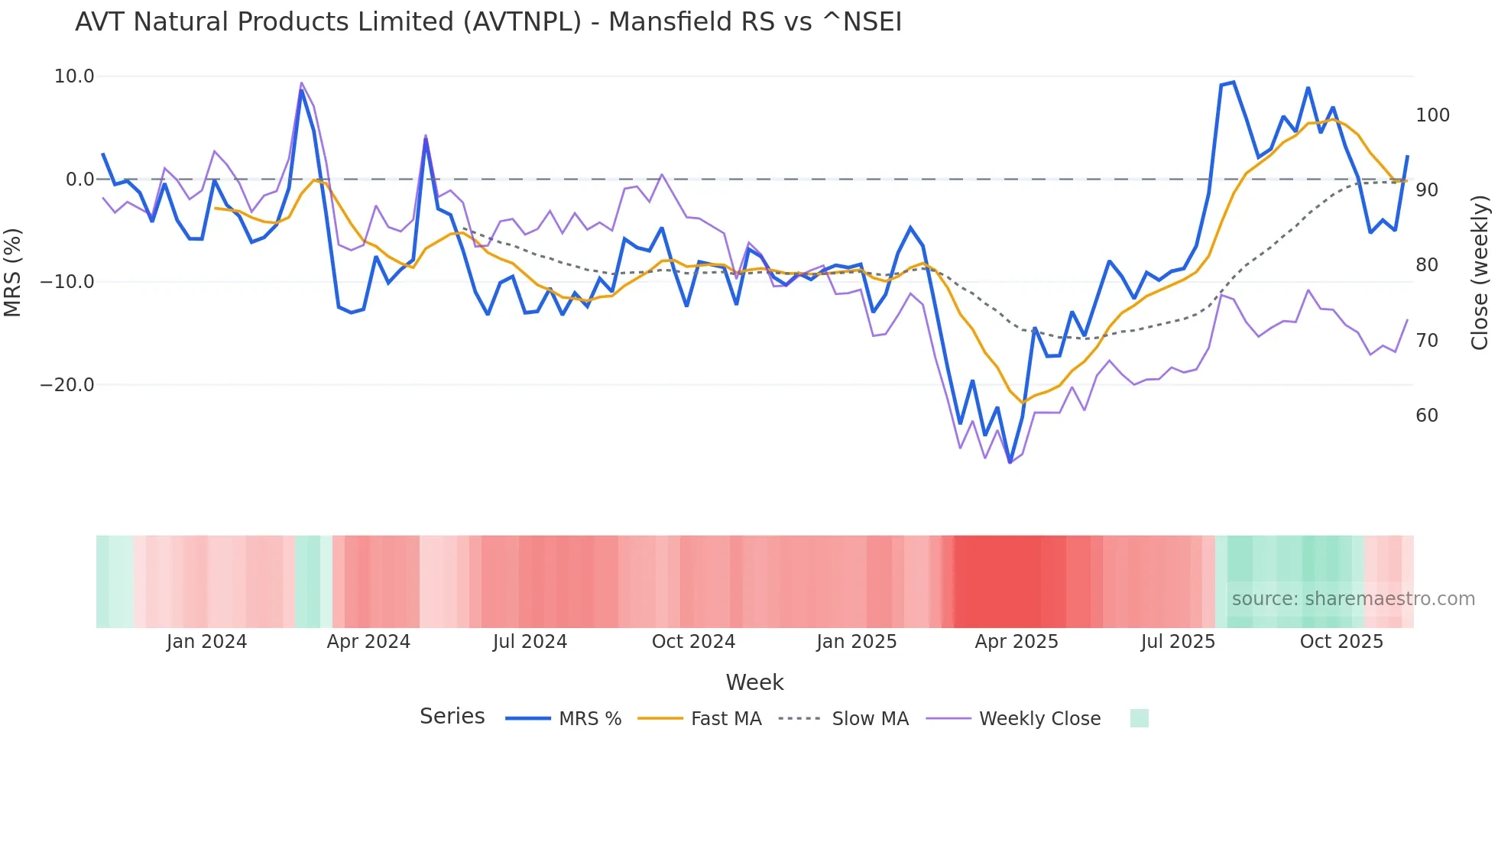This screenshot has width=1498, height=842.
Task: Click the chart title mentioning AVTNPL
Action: coord(488,22)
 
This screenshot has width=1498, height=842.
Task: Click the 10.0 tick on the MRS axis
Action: coord(74,76)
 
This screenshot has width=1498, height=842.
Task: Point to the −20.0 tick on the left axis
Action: coord(67,385)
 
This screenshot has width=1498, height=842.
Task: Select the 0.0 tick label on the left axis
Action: coord(80,180)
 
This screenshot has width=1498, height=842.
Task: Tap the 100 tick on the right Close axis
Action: coord(1432,115)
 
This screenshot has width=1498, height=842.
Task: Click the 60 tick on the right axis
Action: coord(1427,416)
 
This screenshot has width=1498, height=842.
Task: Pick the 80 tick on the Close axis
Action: coord(1427,265)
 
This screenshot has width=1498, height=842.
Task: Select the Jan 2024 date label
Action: coord(206,642)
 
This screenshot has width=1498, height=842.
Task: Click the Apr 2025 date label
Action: coord(1016,642)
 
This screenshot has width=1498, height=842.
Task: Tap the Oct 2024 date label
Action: coord(693,642)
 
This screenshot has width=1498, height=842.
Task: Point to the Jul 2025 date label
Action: coord(1178,642)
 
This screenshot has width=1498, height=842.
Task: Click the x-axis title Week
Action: coord(754,682)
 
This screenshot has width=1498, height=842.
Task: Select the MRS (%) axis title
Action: coord(13,272)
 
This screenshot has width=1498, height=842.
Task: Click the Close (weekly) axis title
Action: coord(1480,272)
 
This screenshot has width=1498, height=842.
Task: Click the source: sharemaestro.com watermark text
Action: coord(1353,599)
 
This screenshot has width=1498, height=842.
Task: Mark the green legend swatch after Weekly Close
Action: coord(1139,718)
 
